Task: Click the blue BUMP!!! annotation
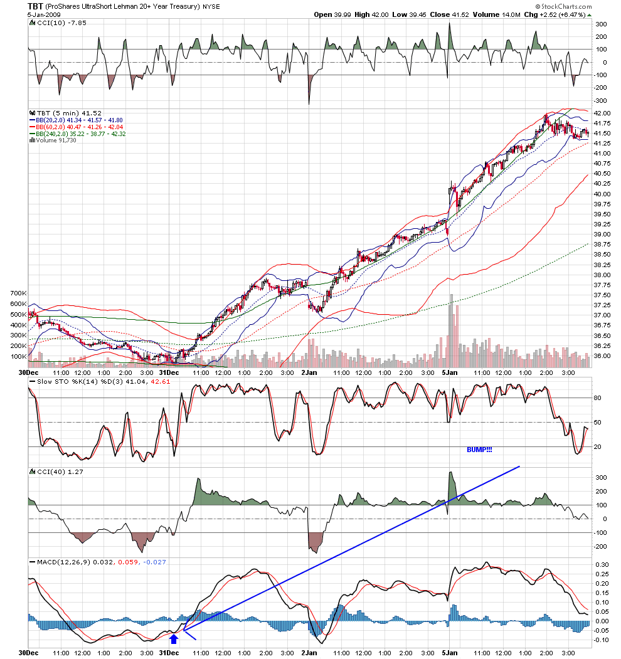pos(479,450)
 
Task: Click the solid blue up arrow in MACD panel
pos(174,639)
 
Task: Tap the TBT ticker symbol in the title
pos(35,6)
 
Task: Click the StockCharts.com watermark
pos(563,6)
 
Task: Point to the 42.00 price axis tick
pos(602,113)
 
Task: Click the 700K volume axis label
pos(18,293)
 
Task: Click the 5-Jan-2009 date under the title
pos(44,14)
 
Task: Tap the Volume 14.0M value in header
pos(497,14)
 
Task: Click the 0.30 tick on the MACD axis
pos(602,564)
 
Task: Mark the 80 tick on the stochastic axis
pos(597,398)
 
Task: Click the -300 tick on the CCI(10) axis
pos(600,100)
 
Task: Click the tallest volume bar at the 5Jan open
pos(452,331)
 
